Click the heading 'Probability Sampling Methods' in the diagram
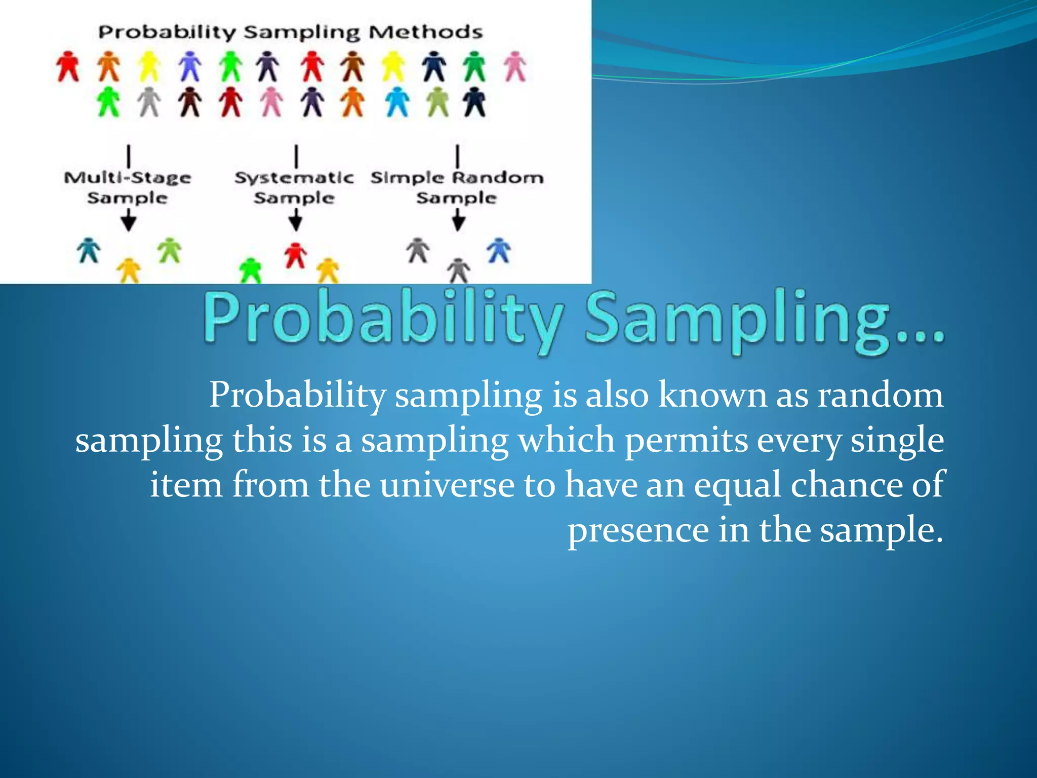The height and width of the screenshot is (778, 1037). click(x=290, y=32)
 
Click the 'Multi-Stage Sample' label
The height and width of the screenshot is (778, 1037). click(x=128, y=187)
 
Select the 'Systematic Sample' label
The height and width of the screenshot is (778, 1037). click(x=294, y=187)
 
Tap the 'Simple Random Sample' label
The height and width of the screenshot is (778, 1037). click(x=457, y=187)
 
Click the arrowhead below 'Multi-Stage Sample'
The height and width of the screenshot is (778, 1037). click(x=129, y=223)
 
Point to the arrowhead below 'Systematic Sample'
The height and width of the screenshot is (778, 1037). click(x=296, y=223)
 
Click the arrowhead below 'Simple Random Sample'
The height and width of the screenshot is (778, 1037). click(x=458, y=223)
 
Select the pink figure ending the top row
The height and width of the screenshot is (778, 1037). click(x=515, y=67)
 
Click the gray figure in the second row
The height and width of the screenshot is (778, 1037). click(x=149, y=102)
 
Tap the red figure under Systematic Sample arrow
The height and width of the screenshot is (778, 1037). click(x=295, y=255)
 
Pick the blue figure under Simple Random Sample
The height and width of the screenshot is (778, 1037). click(x=499, y=250)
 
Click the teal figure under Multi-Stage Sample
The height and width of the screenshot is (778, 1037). click(x=89, y=250)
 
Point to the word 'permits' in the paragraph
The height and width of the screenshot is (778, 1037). click(x=686, y=440)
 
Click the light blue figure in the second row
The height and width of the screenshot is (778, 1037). click(x=397, y=102)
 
